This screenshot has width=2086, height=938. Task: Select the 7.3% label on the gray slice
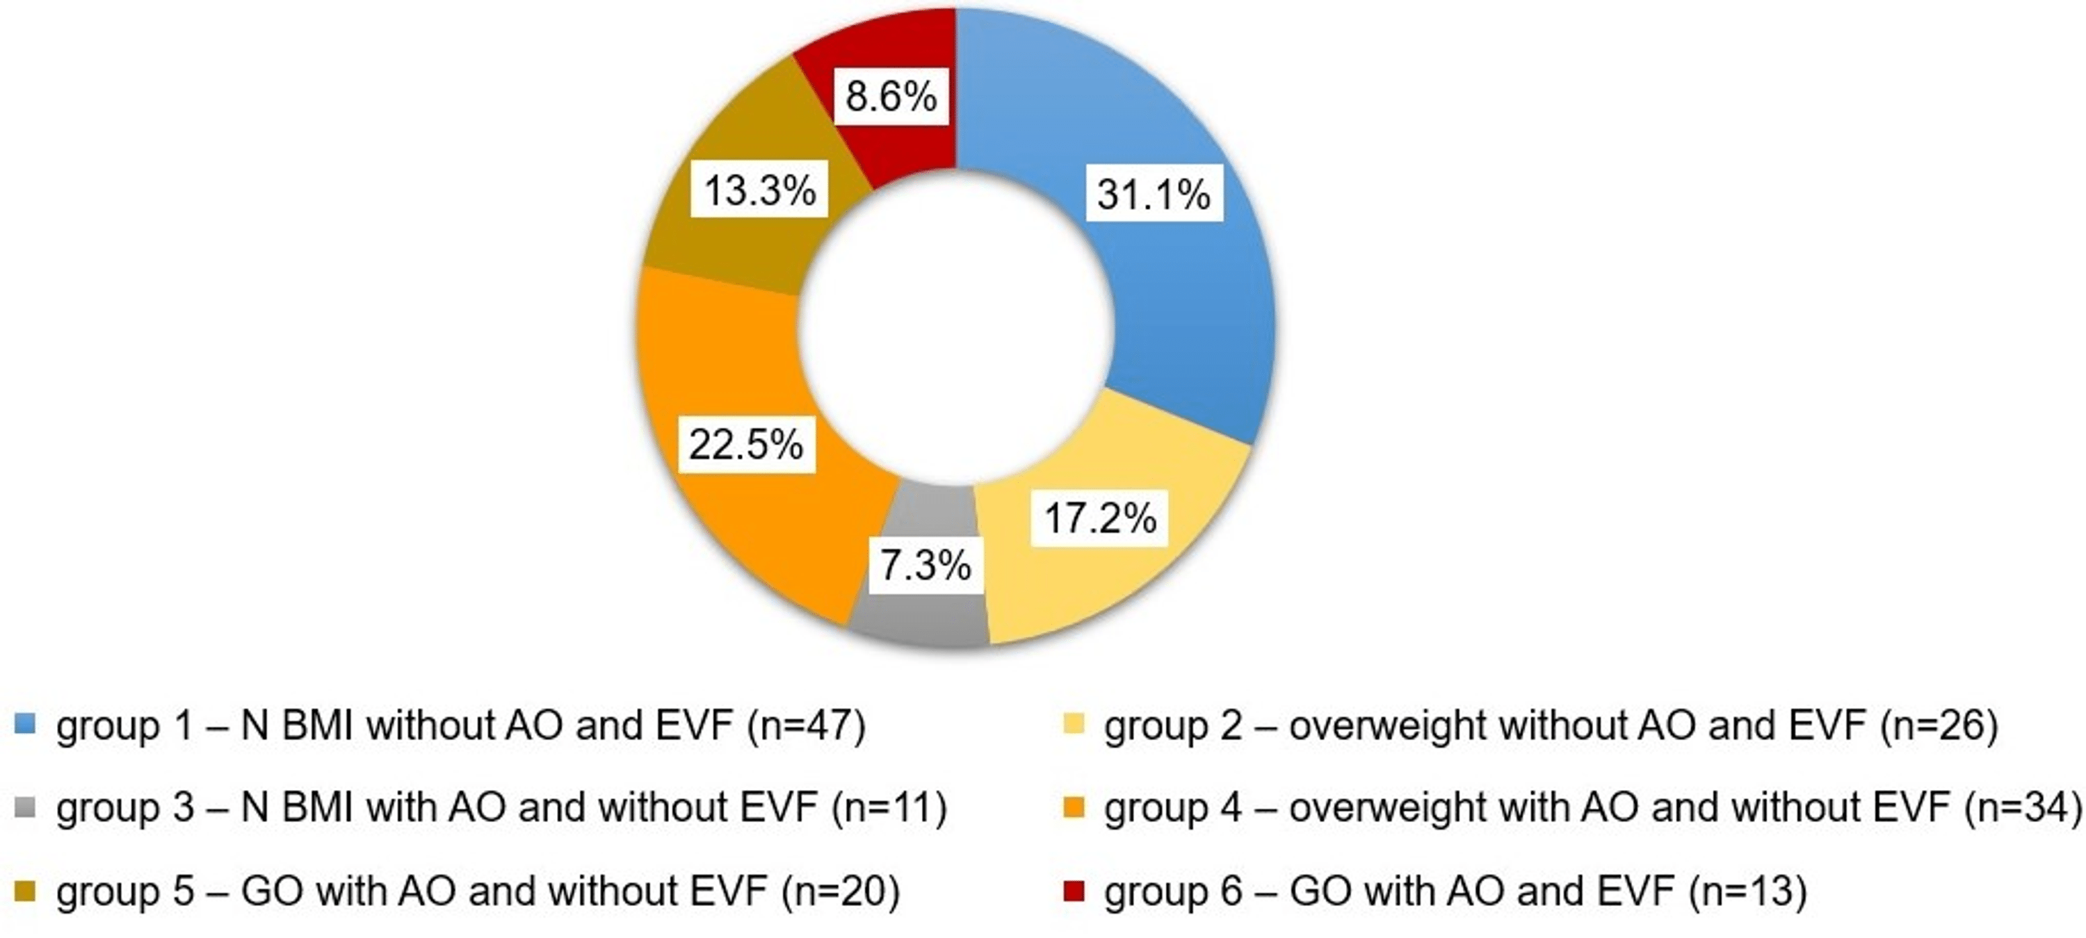[925, 565]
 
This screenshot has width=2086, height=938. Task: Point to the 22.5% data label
[746, 444]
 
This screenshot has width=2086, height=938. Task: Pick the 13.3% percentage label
[759, 190]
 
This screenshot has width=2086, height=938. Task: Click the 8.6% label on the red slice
[891, 97]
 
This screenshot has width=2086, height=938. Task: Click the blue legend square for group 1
[25, 723]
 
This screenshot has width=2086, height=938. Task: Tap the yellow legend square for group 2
[1073, 723]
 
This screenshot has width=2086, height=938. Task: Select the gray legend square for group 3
[25, 807]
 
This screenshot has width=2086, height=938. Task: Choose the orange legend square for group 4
[1073, 807]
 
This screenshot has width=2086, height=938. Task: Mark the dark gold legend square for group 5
[25, 891]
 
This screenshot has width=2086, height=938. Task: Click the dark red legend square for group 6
[1073, 891]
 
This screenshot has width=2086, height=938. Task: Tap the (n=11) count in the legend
[889, 807]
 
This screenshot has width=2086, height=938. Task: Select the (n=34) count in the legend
[2022, 807]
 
